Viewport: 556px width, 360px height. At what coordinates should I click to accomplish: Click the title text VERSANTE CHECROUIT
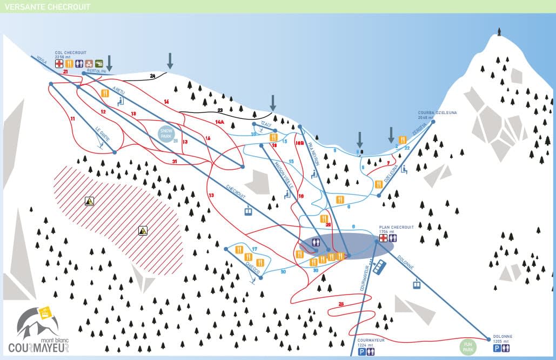coord(48,7)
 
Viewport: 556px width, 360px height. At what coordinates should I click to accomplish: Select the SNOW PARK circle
coord(168,134)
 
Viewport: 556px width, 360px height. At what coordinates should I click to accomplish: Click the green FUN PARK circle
coord(468,346)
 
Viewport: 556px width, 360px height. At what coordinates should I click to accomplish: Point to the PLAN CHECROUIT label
coord(397,228)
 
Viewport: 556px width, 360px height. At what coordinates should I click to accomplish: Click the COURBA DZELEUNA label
coord(437,112)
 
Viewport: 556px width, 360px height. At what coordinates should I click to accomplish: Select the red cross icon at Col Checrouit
coord(59,63)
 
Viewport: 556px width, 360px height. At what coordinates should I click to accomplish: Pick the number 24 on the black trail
coord(152,76)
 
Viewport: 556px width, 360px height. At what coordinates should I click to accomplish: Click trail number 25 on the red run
coord(341,304)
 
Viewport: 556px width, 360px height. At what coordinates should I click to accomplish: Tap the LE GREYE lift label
coord(103,134)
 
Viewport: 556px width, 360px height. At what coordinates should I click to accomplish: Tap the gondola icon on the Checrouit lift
coord(249,211)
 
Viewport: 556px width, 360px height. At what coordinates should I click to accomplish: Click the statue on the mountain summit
coord(499,32)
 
